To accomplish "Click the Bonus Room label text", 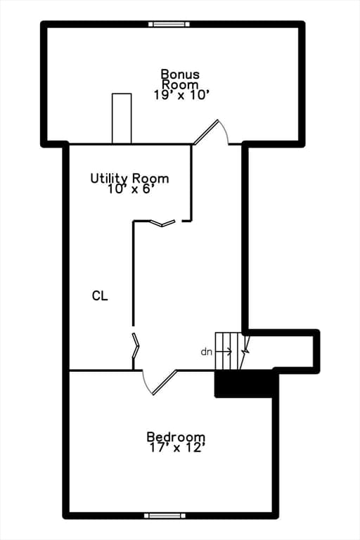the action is click(x=180, y=79).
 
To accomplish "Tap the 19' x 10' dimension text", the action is click(x=181, y=95).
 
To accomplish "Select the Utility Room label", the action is click(x=129, y=179).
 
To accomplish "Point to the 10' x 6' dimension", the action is click(x=130, y=189).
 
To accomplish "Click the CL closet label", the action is click(x=100, y=295).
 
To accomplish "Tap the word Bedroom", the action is click(x=176, y=437).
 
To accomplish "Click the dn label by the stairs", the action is click(x=206, y=352).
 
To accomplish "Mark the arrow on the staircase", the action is click(x=224, y=352).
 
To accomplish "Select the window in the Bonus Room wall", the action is click(x=169, y=24).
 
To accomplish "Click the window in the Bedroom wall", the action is click(x=165, y=515).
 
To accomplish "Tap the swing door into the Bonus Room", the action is click(x=210, y=132).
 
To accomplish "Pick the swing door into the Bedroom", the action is click(x=160, y=382).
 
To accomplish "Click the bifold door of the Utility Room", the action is click(x=163, y=223).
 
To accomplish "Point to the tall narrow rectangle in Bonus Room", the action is click(x=122, y=118).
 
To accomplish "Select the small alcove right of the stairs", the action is click(x=281, y=352).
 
